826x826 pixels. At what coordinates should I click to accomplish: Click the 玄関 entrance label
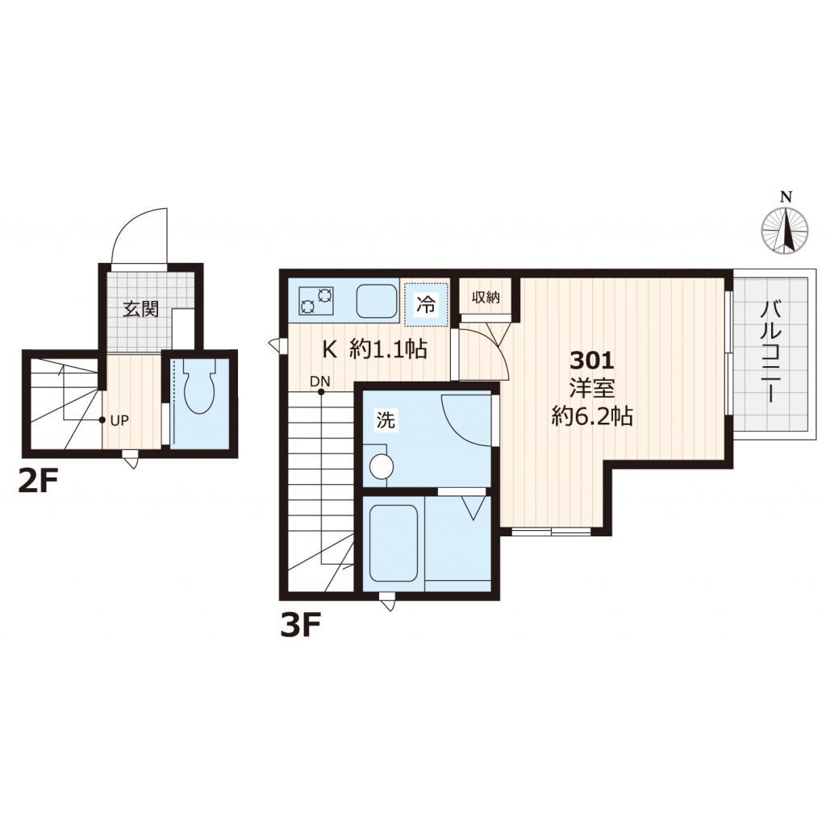[x=140, y=309]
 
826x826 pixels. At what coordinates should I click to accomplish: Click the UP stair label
[x=119, y=421]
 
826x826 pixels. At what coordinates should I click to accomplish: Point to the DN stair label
[x=319, y=381]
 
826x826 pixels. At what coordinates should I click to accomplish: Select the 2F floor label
[x=37, y=482]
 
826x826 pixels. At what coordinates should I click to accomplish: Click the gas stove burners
[x=316, y=301]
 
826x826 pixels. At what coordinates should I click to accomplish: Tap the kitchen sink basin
[x=377, y=302]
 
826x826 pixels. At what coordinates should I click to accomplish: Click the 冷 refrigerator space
[x=426, y=305]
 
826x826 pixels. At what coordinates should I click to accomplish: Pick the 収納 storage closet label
[x=485, y=298]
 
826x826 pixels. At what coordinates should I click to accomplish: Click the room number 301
[x=593, y=361]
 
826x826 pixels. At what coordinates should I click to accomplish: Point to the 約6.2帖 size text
[x=592, y=417]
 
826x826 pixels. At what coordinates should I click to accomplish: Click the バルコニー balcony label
[x=770, y=352]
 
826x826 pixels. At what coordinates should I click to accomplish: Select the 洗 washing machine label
[x=386, y=419]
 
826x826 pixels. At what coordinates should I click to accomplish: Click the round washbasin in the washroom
[x=381, y=465]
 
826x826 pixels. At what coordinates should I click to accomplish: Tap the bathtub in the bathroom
[x=394, y=543]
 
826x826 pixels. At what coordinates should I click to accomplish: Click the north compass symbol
[x=786, y=230]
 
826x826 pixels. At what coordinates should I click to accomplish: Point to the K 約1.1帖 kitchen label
[x=374, y=349]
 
